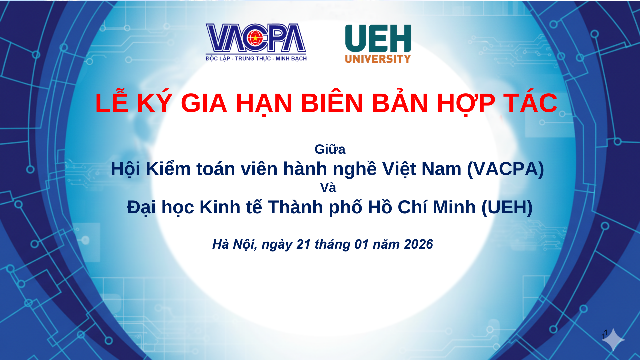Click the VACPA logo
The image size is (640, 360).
tap(256, 42)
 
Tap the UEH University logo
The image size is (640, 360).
tap(378, 44)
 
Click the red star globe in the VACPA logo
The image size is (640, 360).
tap(255, 38)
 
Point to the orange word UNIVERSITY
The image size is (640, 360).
tap(378, 59)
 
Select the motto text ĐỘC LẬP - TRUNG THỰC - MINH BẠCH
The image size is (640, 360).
tap(256, 59)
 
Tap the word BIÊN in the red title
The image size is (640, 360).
tap(332, 103)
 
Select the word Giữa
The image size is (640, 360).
tap(330, 149)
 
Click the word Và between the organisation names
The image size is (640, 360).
tap(328, 187)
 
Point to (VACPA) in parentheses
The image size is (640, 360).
tap(506, 169)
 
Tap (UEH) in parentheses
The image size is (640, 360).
tap(507, 207)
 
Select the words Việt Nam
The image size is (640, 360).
tap(422, 169)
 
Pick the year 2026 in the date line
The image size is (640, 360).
tap(418, 244)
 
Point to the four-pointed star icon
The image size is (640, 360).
tap(613, 340)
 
